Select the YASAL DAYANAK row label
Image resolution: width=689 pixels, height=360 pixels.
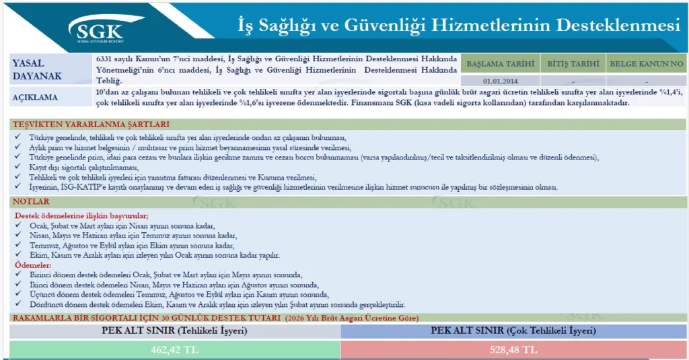coord(37,69)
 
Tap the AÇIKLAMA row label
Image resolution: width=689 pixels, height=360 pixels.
coord(35,98)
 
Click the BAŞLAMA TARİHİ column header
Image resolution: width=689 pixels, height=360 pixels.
coord(500,64)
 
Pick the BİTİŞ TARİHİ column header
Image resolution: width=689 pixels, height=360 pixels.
coord(573,64)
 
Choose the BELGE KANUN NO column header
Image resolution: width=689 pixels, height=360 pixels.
coord(646,64)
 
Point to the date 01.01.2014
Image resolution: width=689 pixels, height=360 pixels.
coord(500,81)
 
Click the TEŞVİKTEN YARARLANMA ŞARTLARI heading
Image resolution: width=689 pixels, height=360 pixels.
coord(91,124)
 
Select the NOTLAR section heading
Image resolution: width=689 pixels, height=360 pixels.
coord(31,202)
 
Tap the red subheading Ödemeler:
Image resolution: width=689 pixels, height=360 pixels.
coord(33,265)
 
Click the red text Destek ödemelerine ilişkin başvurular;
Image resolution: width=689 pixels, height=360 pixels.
coord(81,216)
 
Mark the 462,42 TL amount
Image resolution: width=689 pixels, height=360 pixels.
coord(174,350)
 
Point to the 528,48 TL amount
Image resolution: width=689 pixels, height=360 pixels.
coord(513,350)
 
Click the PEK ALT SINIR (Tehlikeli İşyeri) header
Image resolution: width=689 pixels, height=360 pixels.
coord(174,330)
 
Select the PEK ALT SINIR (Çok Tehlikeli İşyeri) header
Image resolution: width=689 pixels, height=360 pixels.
coord(513,330)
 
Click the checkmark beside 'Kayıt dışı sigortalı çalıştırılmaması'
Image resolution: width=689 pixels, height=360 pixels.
coord(17,167)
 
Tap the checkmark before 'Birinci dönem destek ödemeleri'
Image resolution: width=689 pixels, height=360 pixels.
coord(18,274)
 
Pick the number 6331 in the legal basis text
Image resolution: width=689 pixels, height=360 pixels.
coord(104,59)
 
